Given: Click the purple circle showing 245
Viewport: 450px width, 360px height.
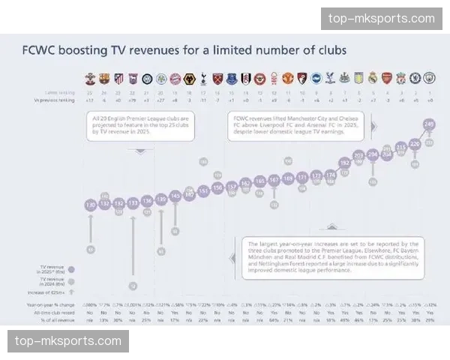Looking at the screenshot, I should pos(429,124).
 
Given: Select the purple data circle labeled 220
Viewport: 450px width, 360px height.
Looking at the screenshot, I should pos(415,142).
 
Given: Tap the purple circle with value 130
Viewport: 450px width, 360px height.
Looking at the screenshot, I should pos(90,205).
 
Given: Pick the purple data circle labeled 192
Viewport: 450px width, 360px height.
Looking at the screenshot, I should pos(344,162).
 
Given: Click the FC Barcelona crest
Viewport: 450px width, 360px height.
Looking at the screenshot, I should pos(104,78).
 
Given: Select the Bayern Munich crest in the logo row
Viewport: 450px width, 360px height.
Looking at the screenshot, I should pos(175,78).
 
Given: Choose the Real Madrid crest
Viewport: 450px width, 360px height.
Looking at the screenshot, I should pos(373,78).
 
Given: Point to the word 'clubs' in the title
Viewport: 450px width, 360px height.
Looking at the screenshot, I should pos(330,51).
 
